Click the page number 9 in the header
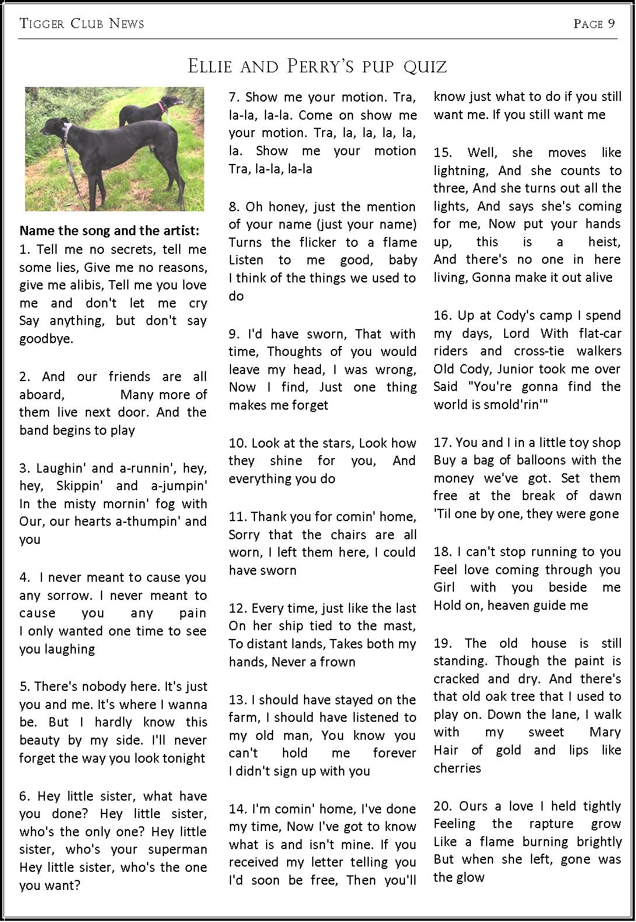(x=610, y=23)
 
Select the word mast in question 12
(x=402, y=626)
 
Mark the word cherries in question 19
(x=457, y=769)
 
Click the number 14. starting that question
(x=238, y=809)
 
